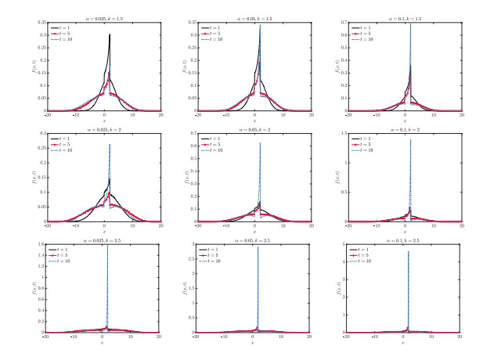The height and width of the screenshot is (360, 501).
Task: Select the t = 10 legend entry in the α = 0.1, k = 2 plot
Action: pyautogui.click(x=362, y=150)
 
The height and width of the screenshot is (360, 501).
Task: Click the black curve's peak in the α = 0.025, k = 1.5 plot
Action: pyautogui.click(x=110, y=34)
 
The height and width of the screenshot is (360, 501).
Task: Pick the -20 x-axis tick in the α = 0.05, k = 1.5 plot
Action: pyautogui.click(x=197, y=115)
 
